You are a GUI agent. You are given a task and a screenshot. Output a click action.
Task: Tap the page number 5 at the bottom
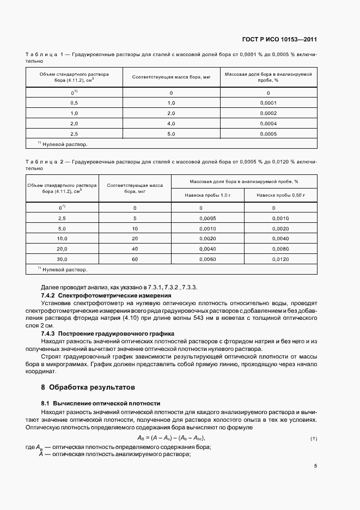tap(315, 466)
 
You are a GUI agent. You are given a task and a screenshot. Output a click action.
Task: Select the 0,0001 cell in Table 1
tap(269, 103)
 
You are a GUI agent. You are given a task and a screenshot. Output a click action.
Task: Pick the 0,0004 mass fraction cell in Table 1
tap(269, 124)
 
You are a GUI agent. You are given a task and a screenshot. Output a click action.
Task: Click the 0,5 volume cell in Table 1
tap(74, 103)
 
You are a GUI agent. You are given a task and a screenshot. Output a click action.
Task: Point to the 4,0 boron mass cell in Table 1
tap(171, 124)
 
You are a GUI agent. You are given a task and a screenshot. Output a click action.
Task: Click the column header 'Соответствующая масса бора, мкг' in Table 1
tap(171, 77)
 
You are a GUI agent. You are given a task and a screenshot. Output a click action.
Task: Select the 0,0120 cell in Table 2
tap(280, 260)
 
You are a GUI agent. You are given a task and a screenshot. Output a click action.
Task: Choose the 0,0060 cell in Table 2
tap(208, 260)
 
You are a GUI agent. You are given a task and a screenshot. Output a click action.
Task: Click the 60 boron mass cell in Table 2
tap(135, 260)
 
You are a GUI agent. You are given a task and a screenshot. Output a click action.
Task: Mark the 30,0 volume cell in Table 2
tap(62, 260)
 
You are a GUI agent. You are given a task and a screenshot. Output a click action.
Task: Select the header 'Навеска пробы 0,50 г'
tap(280, 195)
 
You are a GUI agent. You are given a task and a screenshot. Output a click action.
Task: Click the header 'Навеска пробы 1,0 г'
tap(208, 195)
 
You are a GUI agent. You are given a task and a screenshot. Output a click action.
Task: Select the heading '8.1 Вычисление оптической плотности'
tap(101, 403)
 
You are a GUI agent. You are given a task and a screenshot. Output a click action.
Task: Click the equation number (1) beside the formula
tap(313, 439)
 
